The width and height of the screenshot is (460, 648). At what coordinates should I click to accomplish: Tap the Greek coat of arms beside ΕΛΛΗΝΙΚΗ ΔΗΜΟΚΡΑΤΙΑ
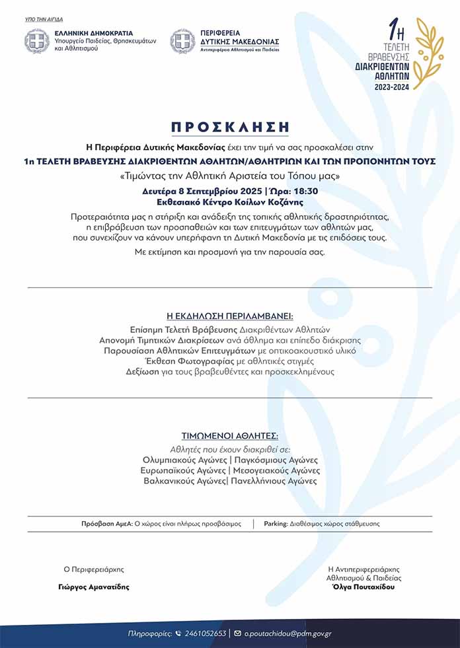[37, 41]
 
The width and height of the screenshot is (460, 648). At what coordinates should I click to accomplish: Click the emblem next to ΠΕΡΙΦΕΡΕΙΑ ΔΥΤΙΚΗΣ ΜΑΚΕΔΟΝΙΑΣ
[182, 41]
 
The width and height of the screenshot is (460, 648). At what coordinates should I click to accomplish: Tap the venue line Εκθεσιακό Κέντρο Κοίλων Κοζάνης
[230, 201]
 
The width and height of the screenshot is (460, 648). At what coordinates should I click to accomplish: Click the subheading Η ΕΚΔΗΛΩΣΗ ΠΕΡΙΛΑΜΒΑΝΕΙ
[229, 315]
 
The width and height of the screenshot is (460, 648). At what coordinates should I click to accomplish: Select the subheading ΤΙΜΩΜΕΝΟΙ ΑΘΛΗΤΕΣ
[229, 437]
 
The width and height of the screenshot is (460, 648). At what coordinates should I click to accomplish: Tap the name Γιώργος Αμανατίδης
[93, 586]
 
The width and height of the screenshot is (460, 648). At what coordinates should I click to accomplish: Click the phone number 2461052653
[206, 633]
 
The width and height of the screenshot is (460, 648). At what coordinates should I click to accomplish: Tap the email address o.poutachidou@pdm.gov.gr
[287, 633]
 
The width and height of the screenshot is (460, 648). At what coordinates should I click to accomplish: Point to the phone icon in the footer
[178, 633]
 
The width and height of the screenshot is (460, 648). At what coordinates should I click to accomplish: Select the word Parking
[275, 523]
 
